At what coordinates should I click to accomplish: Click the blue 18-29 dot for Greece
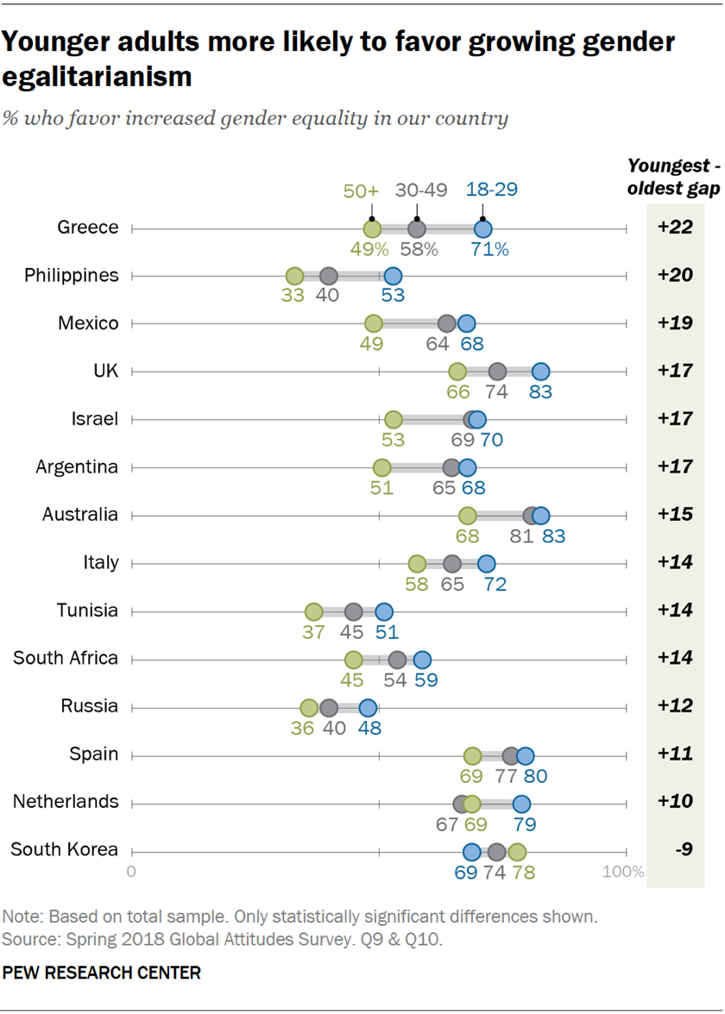[482, 229]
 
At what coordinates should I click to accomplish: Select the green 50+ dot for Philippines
[294, 277]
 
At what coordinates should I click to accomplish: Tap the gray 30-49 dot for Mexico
[446, 324]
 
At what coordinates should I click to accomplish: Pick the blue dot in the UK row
[540, 372]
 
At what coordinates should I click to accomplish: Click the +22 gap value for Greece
[675, 228]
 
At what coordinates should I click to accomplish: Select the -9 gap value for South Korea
[675, 850]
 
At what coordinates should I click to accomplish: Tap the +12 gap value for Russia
[675, 706]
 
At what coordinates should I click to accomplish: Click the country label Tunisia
[87, 610]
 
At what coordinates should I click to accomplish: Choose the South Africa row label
[65, 658]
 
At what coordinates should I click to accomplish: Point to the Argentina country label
[77, 466]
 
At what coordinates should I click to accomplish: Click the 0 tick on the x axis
[132, 872]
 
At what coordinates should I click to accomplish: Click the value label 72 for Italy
[495, 584]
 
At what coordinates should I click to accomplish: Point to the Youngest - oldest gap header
[675, 178]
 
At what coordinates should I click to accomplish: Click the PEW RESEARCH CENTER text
[102, 973]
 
